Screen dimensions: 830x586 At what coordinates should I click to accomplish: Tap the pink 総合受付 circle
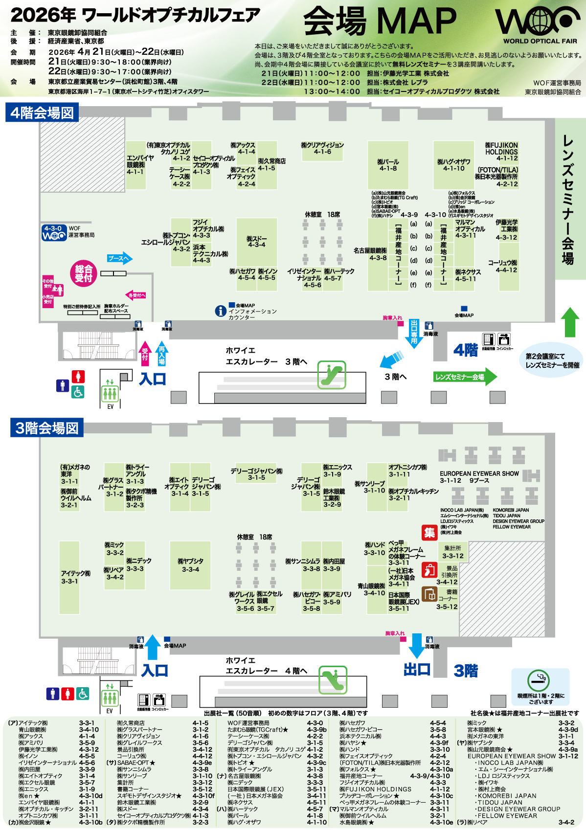[84, 273]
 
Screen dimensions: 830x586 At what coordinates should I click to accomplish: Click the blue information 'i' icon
[221, 311]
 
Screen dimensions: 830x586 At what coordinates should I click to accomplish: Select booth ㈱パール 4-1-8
[388, 165]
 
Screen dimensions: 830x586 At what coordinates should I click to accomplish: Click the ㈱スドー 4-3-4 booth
[256, 242]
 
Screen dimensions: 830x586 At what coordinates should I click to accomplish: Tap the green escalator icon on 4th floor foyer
[332, 375]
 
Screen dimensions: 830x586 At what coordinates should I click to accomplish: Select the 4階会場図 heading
[42, 113]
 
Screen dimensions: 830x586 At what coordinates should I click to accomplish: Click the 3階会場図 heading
[47, 428]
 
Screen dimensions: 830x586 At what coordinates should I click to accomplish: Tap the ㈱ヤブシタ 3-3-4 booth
[190, 565]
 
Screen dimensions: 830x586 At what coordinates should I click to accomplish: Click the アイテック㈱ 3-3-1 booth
[69, 577]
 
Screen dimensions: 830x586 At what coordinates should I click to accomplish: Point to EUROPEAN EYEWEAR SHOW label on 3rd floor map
[479, 473]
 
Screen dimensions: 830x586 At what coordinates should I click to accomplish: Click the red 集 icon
[429, 533]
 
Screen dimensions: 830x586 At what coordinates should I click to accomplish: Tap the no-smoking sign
[538, 681]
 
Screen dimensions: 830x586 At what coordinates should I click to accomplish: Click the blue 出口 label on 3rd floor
[417, 669]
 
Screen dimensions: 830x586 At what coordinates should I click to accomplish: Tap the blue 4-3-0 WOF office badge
[53, 233]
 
